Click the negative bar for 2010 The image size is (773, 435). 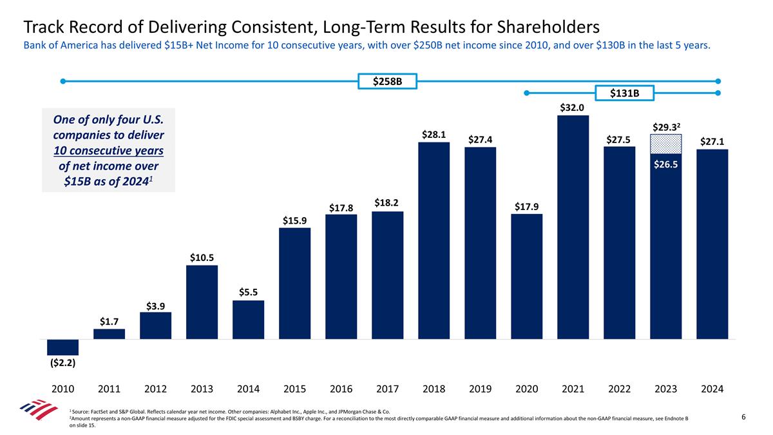click(x=62, y=347)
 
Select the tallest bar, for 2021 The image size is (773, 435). click(x=573, y=227)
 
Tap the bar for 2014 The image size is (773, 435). click(x=248, y=320)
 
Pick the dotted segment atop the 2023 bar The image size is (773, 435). click(x=665, y=143)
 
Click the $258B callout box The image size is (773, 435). click(x=387, y=82)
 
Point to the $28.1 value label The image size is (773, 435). click(x=434, y=135)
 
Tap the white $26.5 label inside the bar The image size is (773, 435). click(x=665, y=164)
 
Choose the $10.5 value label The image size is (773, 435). click(x=202, y=258)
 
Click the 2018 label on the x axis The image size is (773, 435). click(x=434, y=389)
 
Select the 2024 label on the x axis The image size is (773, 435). click(x=712, y=389)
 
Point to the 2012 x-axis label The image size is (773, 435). click(x=155, y=389)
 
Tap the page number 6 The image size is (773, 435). click(x=743, y=418)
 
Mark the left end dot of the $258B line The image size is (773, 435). click(x=63, y=81)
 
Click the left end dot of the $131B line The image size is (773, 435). click(x=527, y=93)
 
